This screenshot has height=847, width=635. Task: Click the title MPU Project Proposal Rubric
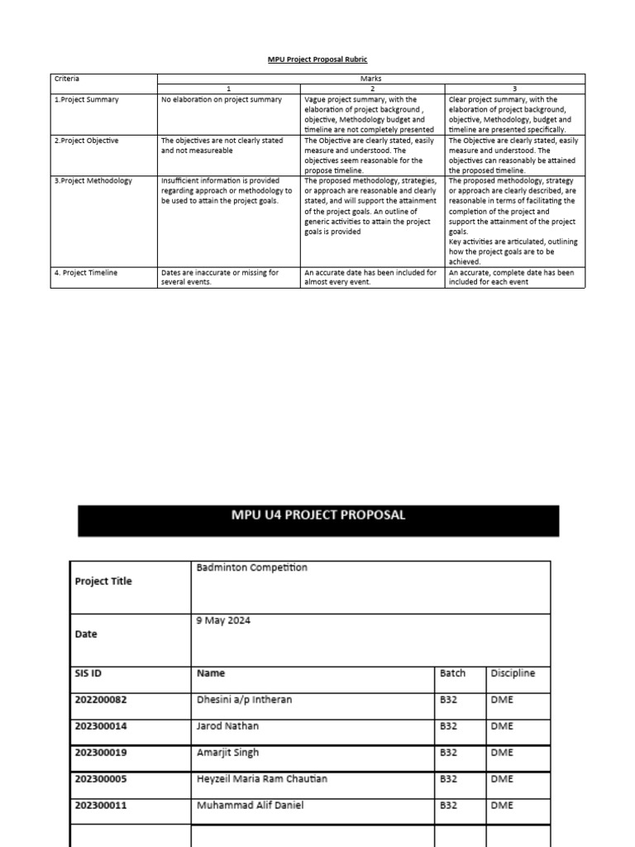[317, 60]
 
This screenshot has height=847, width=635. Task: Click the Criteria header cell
[68, 79]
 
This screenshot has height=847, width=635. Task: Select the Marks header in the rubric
[371, 79]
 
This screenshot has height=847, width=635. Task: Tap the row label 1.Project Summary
[87, 99]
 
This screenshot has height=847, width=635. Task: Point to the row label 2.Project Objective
[87, 141]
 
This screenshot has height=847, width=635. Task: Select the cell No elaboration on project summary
[222, 99]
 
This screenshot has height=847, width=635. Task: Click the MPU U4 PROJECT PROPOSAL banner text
[318, 515]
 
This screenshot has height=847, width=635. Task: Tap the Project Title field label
[103, 581]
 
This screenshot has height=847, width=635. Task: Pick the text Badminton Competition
[251, 568]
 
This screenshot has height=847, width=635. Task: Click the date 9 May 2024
[223, 620]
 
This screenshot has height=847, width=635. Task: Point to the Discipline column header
[513, 673]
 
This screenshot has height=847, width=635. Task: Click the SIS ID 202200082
[101, 700]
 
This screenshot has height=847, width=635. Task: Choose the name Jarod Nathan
[227, 726]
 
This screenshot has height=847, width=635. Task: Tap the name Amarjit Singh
[227, 753]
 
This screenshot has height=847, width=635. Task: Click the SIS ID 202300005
[101, 779]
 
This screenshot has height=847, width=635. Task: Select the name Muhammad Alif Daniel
[250, 805]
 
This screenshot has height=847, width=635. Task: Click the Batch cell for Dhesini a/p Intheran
[449, 700]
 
